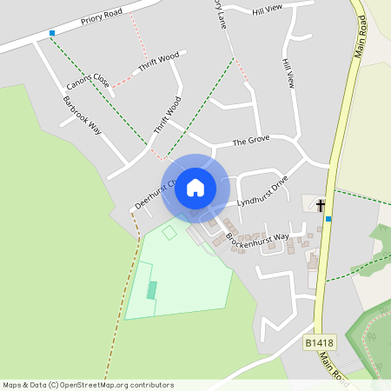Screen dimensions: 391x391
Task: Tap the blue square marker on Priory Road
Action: pos(52,33)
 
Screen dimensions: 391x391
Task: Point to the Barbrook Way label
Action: pos(82,114)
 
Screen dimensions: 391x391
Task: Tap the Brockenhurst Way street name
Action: pos(257,236)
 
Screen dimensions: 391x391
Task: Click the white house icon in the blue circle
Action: pos(195,187)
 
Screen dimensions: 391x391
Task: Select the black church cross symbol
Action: pos(321,205)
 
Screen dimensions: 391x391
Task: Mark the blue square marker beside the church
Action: pos(328,219)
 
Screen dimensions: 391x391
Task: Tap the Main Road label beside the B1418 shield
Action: pos(331,365)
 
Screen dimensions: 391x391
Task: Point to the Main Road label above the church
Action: pos(363,40)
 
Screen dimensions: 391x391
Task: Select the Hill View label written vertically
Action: pos(288,75)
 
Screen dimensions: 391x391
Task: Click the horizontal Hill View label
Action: pos(268,10)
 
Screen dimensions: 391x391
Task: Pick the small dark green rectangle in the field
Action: pos(151,290)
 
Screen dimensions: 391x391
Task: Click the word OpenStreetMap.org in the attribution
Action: pos(116,385)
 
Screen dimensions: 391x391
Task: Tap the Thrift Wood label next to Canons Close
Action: pos(158,62)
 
